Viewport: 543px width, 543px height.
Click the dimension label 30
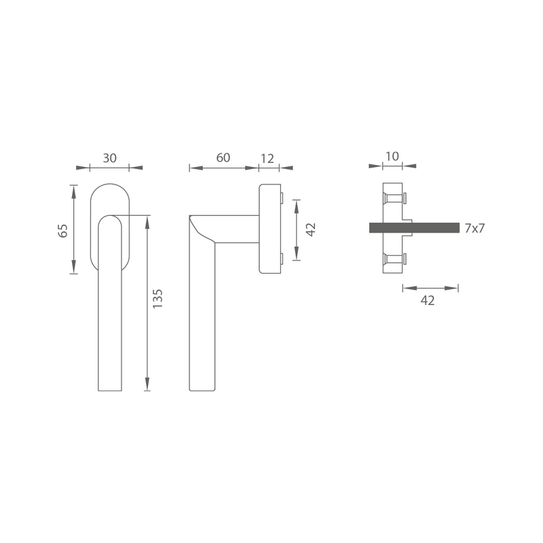click(109, 158)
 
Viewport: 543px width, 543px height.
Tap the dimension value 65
click(63, 231)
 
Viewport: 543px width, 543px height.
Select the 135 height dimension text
click(157, 299)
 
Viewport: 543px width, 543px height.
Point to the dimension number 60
click(223, 158)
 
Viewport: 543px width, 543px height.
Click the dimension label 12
click(267, 159)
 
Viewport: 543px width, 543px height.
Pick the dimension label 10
click(392, 157)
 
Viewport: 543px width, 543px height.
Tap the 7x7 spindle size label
click(474, 228)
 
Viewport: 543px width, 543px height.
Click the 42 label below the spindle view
click(428, 301)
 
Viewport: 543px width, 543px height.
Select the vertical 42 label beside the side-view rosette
click(311, 229)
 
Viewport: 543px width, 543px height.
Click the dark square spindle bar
click(414, 228)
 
